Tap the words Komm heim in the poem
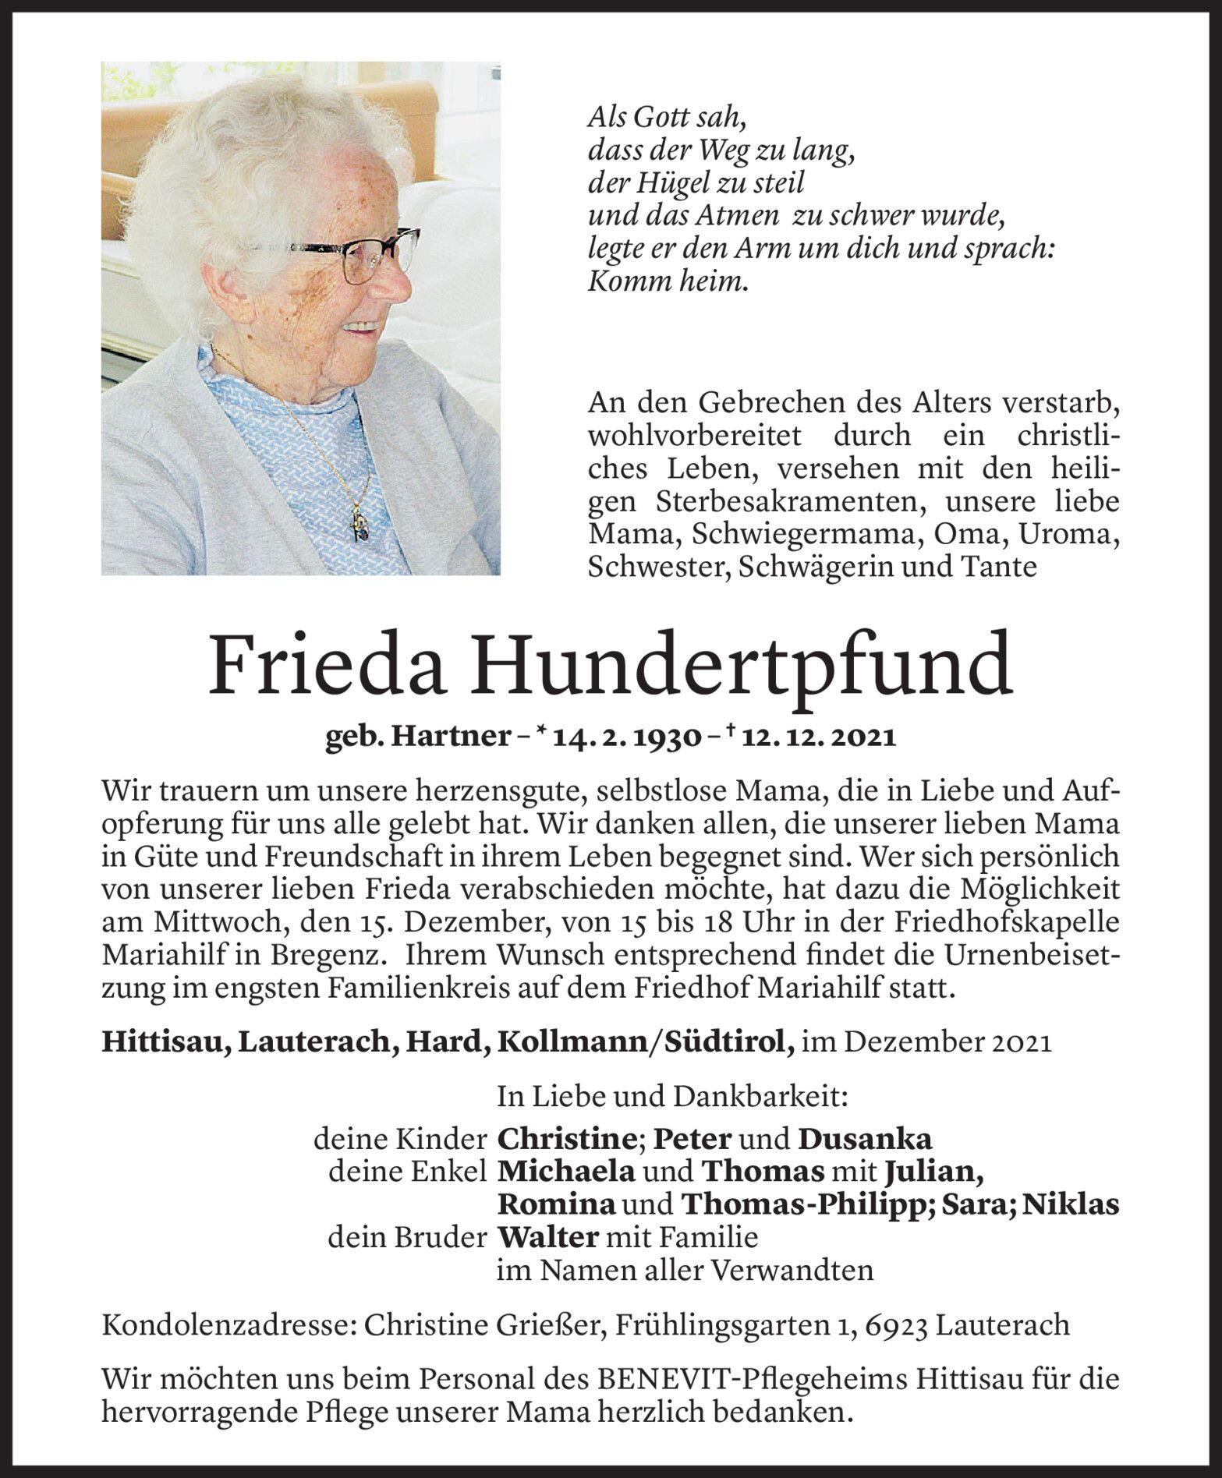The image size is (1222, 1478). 667,282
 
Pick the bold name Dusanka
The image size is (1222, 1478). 864,1140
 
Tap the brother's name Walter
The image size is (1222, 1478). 547,1237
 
